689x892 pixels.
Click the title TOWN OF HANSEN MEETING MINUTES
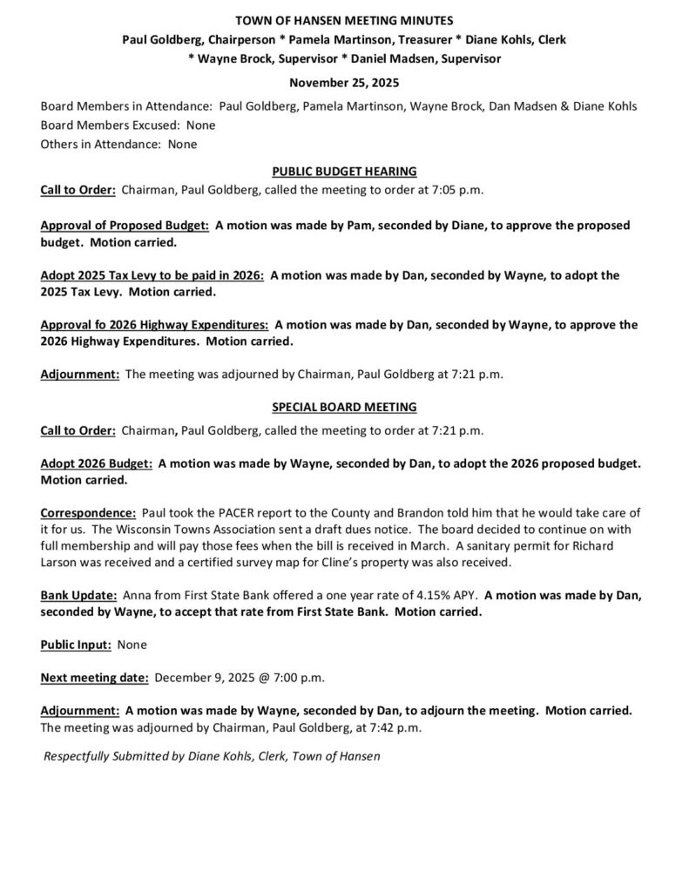[x=344, y=19]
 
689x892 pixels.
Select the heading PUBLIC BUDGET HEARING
[x=344, y=171]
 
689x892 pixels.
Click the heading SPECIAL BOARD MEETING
[x=344, y=407]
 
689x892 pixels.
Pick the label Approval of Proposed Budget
[x=125, y=225]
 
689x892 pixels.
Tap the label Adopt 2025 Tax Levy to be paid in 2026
[x=152, y=274]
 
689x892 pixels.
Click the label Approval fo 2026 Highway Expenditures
[x=154, y=324]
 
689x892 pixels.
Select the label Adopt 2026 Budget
[x=97, y=463]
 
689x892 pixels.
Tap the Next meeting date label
[x=95, y=677]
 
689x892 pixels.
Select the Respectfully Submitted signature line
[x=212, y=756]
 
